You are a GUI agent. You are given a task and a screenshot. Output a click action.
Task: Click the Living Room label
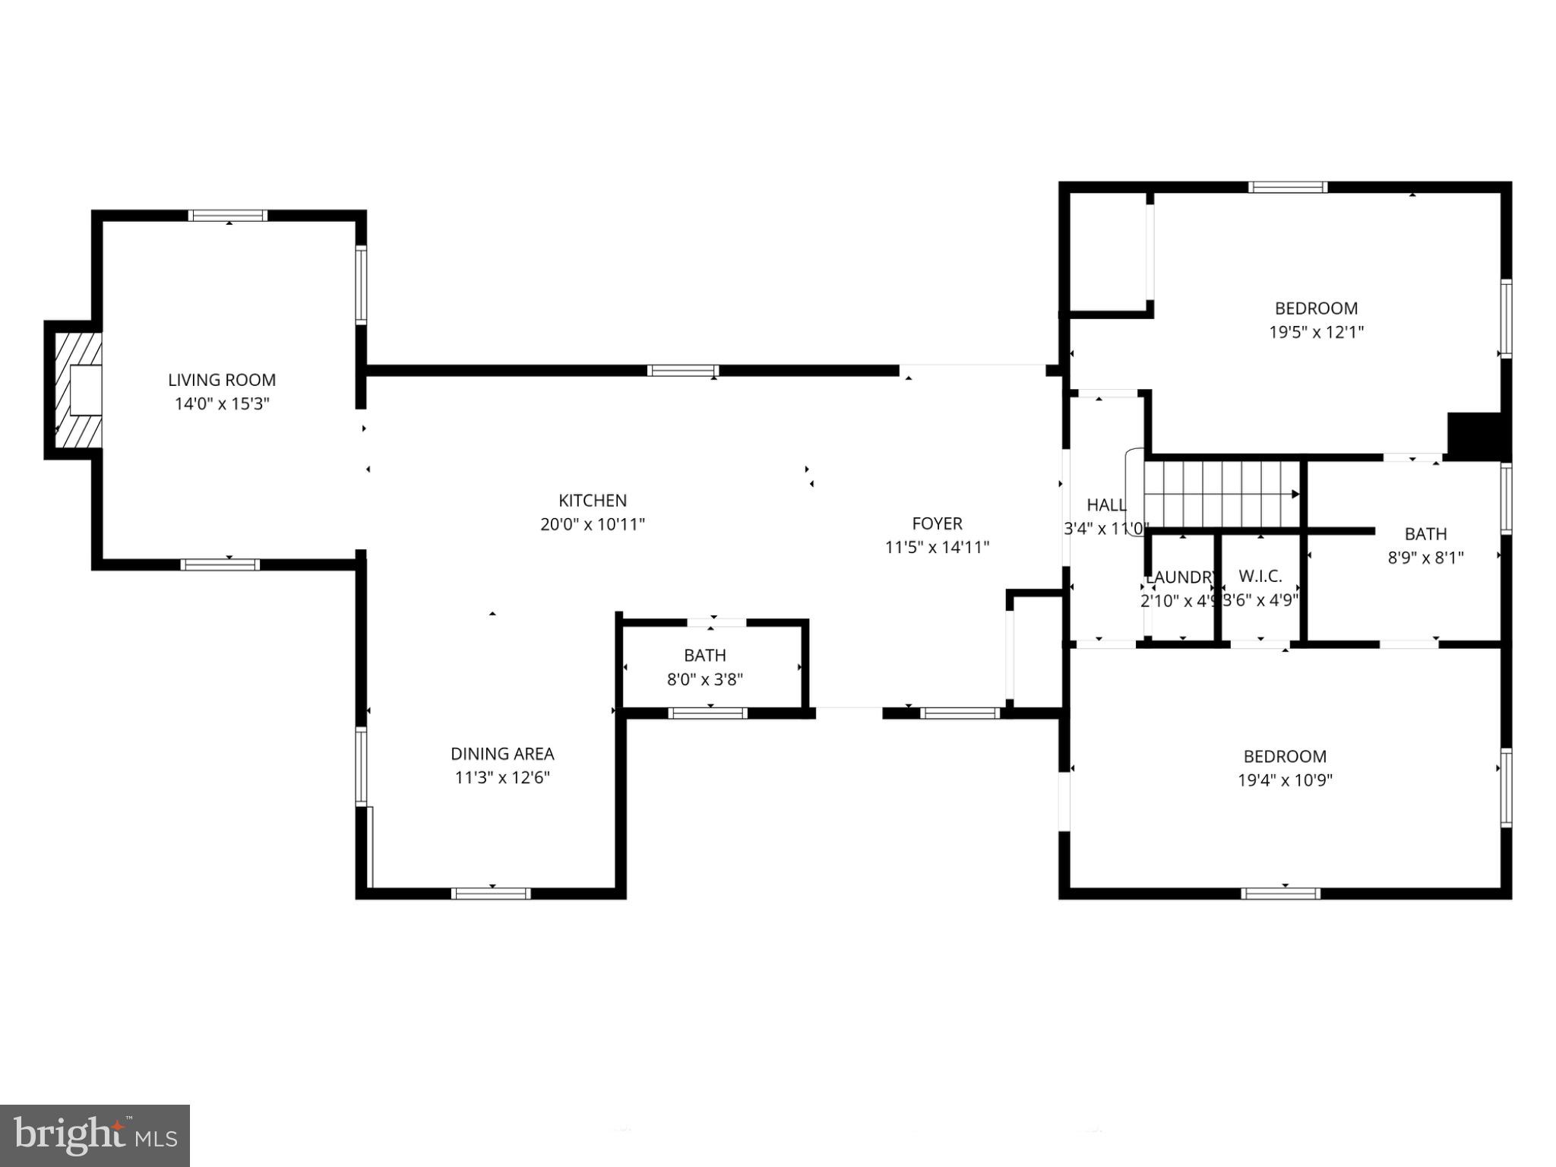click(222, 380)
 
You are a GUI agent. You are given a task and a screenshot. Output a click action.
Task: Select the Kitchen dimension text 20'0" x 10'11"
click(593, 524)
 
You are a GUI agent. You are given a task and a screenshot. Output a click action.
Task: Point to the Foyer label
click(937, 523)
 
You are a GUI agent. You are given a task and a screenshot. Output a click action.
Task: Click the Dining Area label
click(502, 754)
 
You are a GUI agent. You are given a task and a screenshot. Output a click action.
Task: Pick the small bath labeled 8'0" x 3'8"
click(705, 667)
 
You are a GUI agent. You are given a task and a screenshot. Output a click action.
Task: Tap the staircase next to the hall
click(1219, 494)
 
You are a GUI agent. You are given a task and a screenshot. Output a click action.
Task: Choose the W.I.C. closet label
click(1260, 576)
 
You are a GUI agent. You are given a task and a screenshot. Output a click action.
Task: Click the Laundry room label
click(1180, 577)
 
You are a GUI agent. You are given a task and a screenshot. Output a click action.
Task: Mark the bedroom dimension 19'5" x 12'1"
click(1317, 332)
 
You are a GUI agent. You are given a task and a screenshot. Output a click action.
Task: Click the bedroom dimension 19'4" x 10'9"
click(1285, 780)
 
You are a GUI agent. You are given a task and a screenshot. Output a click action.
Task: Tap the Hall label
click(1106, 505)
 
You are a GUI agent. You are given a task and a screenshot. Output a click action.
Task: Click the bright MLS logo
click(95, 1136)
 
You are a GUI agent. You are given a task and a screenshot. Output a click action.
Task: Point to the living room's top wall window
click(228, 216)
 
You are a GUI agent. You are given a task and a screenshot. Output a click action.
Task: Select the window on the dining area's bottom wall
click(491, 893)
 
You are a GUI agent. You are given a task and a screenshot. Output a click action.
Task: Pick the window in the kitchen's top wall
click(683, 371)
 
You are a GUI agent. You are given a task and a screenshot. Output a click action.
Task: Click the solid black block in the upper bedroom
click(1475, 435)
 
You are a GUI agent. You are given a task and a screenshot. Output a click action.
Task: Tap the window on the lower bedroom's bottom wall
click(1280, 893)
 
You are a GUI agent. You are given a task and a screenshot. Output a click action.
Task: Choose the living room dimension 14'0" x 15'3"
click(222, 403)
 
